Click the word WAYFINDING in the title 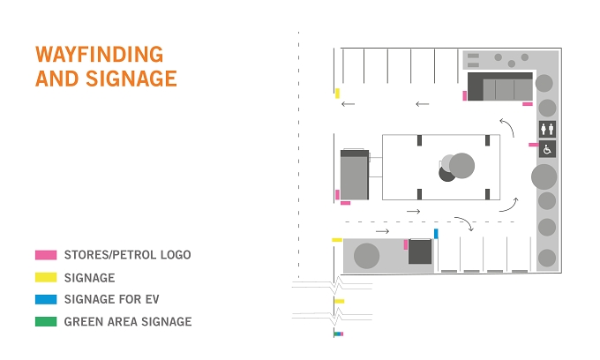[x=99, y=55]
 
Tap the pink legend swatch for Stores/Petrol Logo [x=46, y=255]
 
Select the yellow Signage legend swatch [x=46, y=277]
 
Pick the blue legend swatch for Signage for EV [x=46, y=299]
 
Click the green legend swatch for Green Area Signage [x=46, y=321]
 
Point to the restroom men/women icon [x=547, y=129]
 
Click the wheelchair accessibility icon [x=547, y=149]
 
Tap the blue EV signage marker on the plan [x=436, y=233]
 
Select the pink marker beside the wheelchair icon [x=534, y=145]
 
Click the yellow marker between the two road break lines [x=340, y=301]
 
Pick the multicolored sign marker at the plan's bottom [x=339, y=334]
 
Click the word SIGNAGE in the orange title [x=131, y=79]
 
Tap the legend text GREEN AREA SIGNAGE [x=128, y=322]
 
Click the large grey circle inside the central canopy [x=461, y=165]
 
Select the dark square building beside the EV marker [x=420, y=251]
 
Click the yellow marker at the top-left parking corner [x=337, y=94]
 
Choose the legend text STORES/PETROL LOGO [x=127, y=255]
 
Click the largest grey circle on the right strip [x=544, y=176]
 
